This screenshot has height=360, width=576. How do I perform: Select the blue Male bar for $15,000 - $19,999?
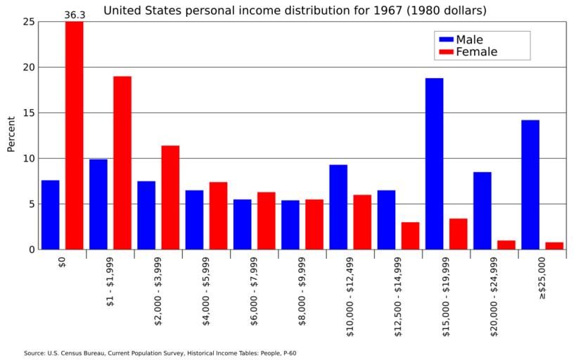click(x=434, y=164)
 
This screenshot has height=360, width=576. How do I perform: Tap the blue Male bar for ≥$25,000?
click(x=530, y=185)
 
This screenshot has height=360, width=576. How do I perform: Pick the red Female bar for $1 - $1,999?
click(x=122, y=162)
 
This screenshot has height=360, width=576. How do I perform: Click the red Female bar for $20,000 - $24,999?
click(x=506, y=245)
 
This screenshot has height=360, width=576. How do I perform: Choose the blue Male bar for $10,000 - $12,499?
click(x=338, y=207)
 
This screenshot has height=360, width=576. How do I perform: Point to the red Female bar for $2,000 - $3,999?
click(x=170, y=198)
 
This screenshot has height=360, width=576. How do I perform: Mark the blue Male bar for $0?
click(x=50, y=214)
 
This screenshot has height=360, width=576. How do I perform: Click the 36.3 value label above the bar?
click(x=75, y=15)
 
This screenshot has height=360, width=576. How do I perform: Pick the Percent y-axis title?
click(x=11, y=134)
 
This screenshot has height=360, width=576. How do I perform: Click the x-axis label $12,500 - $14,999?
click(x=399, y=295)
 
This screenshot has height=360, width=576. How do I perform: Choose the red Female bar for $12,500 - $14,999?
click(x=410, y=236)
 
